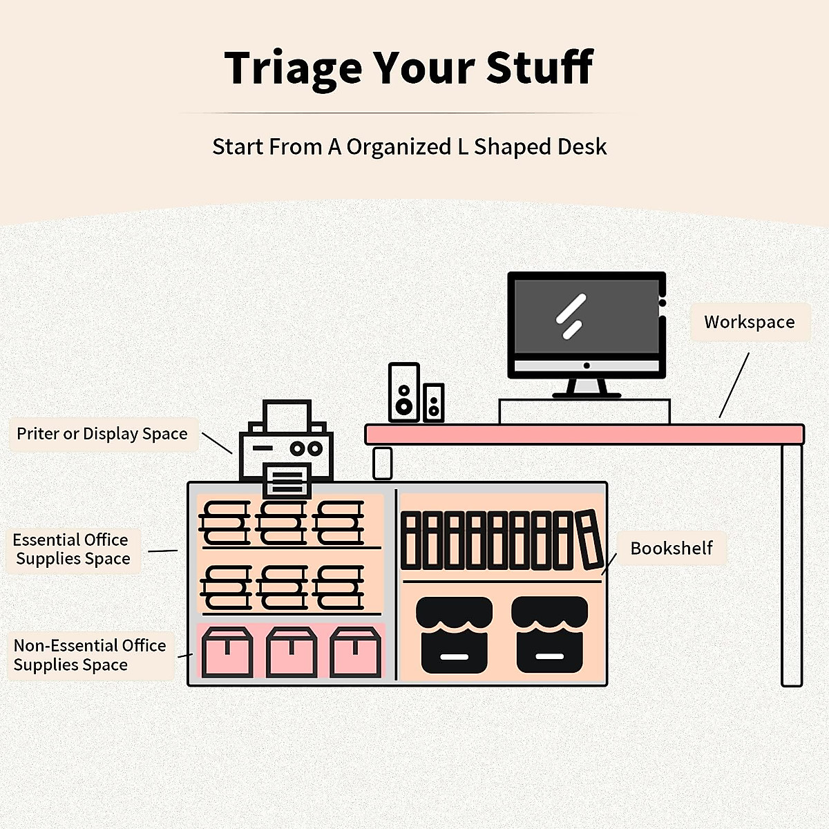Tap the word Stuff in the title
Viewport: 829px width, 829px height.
[540, 68]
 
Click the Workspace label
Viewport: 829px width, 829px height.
[749, 322]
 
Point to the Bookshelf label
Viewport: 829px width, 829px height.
[671, 548]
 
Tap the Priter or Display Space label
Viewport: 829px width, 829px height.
[102, 434]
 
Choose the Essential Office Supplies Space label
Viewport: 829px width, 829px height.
[72, 549]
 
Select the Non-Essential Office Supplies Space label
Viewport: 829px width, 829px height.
[90, 655]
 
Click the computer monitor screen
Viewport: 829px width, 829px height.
[586, 318]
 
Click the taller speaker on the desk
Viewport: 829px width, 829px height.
[404, 392]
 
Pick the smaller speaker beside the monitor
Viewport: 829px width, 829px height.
[434, 402]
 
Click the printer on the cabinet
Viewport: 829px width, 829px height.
[287, 449]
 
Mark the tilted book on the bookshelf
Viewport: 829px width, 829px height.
[589, 540]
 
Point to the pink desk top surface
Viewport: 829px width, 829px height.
[584, 435]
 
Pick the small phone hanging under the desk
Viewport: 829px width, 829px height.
[383, 463]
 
